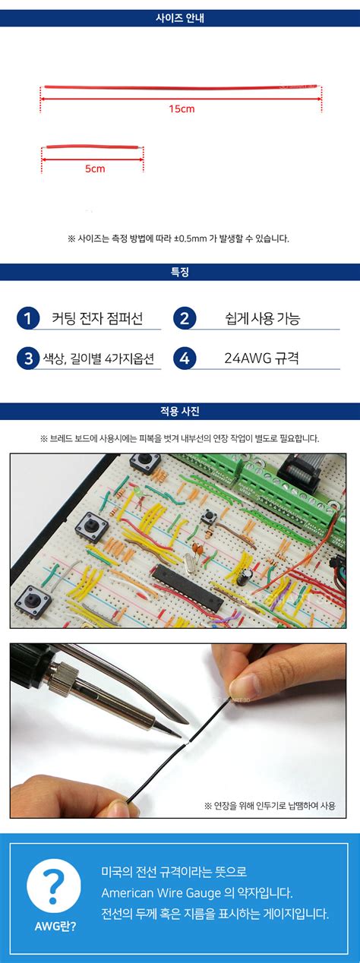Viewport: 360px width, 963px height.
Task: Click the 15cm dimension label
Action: coord(182,109)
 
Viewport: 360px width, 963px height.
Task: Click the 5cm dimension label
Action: coord(95,169)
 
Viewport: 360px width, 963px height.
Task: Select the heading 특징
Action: coord(180,272)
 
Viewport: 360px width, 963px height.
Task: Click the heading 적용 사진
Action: coord(180,412)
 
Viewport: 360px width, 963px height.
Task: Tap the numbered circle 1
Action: coord(27,318)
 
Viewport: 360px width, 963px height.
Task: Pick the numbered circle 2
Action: coord(185,318)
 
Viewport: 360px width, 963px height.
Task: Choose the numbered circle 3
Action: coord(27,358)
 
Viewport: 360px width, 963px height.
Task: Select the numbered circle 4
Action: coord(185,358)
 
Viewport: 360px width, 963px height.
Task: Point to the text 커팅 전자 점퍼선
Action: coord(97,318)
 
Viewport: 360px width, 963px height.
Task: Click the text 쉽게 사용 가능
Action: coord(262,318)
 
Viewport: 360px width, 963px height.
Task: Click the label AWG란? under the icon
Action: coord(55,927)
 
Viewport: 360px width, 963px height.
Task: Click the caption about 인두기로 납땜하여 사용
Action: coord(269,805)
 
